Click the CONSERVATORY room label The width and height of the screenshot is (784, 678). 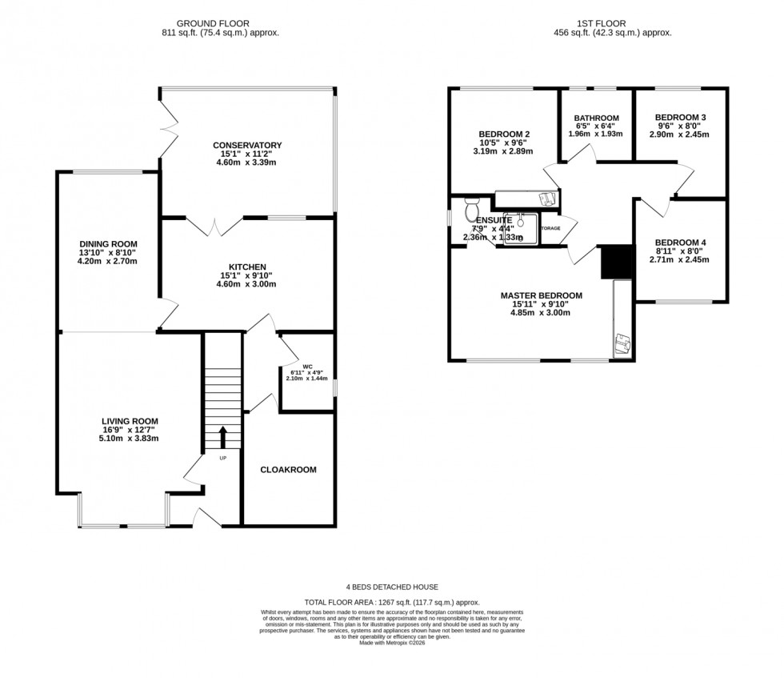tap(247, 145)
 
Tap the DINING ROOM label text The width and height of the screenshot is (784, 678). tap(109, 243)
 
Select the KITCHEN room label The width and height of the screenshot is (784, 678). tap(247, 267)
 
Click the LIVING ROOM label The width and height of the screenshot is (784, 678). tap(130, 421)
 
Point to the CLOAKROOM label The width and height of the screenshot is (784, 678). tap(289, 469)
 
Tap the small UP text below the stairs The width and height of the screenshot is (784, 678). tap(223, 459)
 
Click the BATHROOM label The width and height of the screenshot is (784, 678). tap(596, 118)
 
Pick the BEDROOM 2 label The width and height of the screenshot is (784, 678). tap(504, 134)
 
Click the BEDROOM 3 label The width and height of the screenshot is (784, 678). tap(680, 117)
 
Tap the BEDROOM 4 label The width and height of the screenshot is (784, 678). tap(680, 243)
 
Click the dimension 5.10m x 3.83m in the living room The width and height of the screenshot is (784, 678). tap(130, 438)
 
